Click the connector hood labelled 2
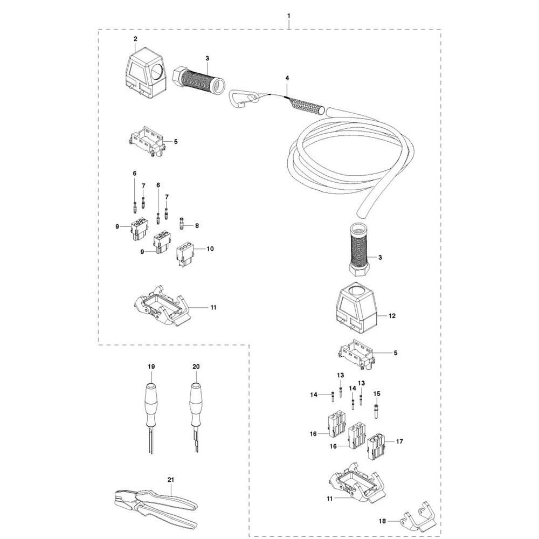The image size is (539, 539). point(147,77)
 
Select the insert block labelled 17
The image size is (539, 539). point(376,446)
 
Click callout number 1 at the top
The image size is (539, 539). point(289,16)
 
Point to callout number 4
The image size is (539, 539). point(287,78)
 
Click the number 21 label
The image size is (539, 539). point(171,480)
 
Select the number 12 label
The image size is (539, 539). point(392,315)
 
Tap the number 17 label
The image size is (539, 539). point(399,441)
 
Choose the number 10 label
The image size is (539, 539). point(210,248)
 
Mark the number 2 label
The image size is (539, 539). point(135,39)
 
